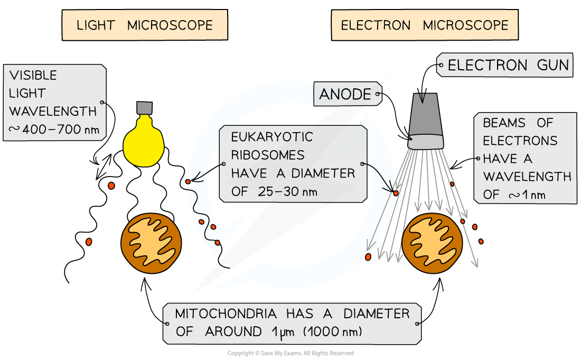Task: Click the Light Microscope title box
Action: pos(145,25)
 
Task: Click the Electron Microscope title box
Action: pos(425,25)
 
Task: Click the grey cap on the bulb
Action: pos(145,108)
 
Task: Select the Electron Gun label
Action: pos(504,65)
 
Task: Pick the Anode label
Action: pos(348,94)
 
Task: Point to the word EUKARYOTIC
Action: pos(272,137)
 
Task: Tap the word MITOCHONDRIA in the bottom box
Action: pos(226,313)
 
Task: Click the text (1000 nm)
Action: pos(332,331)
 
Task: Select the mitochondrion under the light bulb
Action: pos(151,243)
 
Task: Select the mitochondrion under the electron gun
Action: pos(432,243)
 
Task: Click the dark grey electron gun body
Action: pos(425,114)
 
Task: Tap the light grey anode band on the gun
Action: pos(425,141)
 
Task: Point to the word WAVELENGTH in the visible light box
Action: pos(53,111)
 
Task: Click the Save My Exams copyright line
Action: pos(290,353)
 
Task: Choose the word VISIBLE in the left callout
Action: pos(33,75)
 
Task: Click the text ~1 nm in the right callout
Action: pos(527,195)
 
